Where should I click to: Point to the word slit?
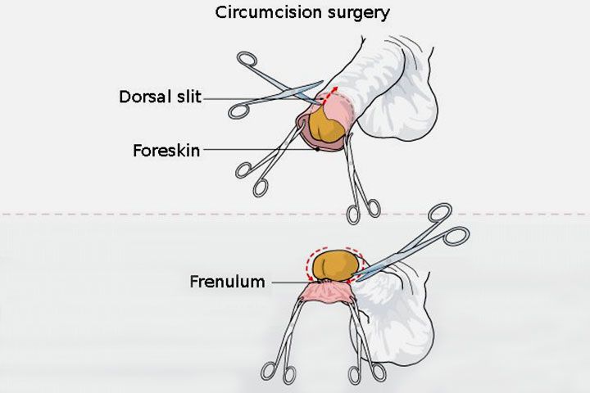click(187, 97)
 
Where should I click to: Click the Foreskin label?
click(166, 151)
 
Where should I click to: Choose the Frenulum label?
click(228, 282)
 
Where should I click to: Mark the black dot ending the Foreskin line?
click(317, 150)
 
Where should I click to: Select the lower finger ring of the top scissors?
click(238, 110)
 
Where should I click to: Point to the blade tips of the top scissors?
click(320, 83)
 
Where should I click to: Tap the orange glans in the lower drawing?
click(331, 264)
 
